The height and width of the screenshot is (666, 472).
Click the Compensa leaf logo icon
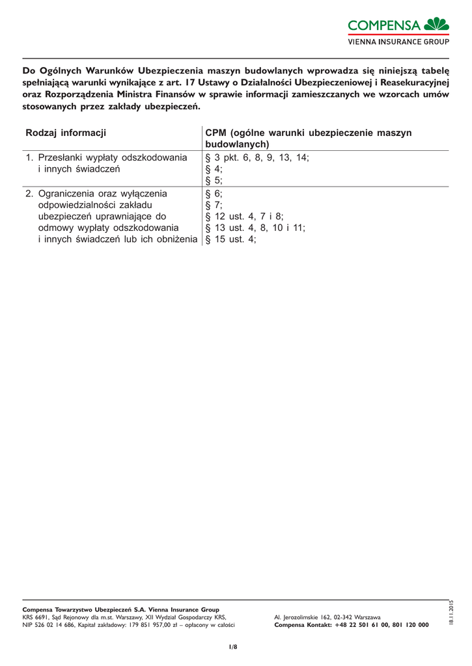click(x=436, y=25)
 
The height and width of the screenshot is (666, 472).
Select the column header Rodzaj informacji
click(x=65, y=133)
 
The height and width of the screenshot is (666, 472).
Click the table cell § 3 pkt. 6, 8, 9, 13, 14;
click(x=257, y=157)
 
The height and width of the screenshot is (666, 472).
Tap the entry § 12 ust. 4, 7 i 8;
click(x=244, y=216)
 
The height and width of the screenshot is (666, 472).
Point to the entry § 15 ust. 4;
click(x=230, y=239)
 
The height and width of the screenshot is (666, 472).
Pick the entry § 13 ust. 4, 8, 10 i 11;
click(x=255, y=228)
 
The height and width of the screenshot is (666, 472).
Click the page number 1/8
click(x=233, y=646)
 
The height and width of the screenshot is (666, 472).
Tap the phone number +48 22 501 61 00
click(x=359, y=625)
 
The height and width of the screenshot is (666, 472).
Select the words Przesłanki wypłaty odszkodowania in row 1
click(x=113, y=157)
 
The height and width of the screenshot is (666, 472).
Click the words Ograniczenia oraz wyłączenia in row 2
click(x=103, y=193)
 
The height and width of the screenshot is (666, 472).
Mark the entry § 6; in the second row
click(x=214, y=193)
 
